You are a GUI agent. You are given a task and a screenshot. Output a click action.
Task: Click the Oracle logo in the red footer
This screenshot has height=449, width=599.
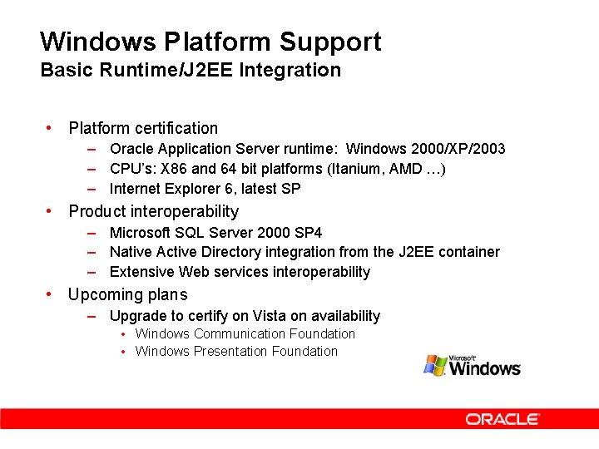coord(502,419)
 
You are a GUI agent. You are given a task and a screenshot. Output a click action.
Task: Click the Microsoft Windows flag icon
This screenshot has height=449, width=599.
coord(435,365)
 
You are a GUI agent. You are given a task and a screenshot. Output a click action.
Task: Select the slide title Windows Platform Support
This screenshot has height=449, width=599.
coord(210,42)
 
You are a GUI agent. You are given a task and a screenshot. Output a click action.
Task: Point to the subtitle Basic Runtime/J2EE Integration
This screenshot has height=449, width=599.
coord(191,70)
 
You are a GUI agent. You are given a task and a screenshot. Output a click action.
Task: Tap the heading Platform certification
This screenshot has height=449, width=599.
coord(143,128)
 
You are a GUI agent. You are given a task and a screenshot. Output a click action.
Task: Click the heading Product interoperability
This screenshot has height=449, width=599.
coord(153,211)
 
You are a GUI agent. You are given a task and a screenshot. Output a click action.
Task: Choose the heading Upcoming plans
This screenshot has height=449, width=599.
coord(127,294)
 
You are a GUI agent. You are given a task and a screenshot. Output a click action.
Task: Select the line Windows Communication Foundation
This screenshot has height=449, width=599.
coord(245,333)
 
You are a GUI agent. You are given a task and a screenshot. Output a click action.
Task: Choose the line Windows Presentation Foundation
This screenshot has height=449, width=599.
coord(236,351)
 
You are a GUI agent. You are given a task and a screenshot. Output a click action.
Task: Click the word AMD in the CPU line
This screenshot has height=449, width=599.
coord(404,169)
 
